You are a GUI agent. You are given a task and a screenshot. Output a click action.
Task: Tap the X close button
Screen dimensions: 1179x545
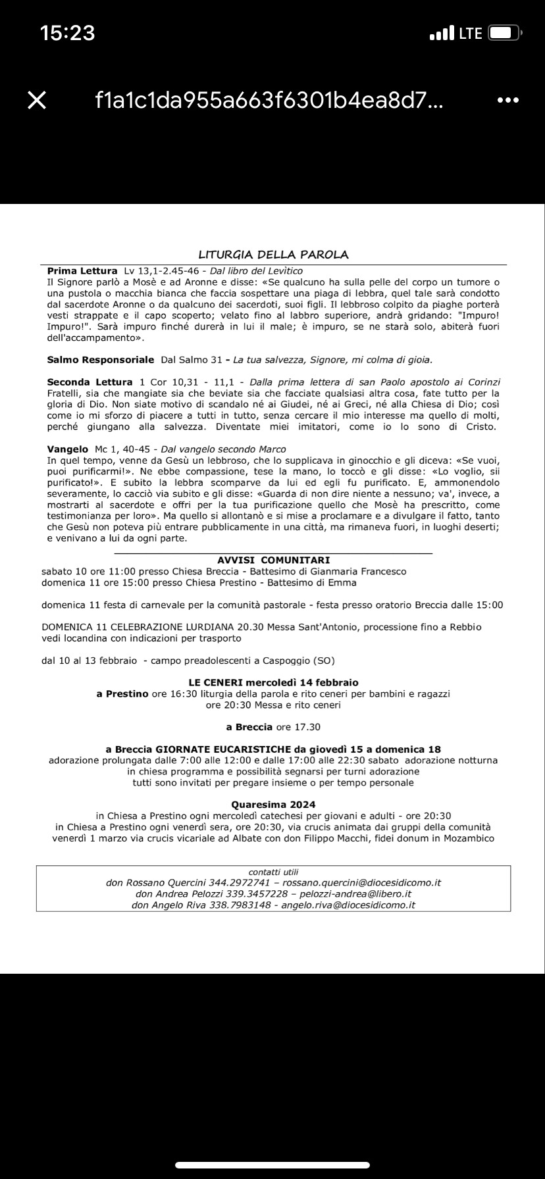37,100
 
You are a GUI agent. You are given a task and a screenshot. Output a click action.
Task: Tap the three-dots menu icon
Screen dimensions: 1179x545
507,100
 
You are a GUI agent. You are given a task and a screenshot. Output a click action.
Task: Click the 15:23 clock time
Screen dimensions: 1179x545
67,33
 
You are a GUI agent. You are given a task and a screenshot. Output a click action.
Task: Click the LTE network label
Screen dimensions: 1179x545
471,33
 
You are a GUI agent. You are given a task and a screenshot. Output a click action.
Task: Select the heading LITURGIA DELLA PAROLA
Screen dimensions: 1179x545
273,255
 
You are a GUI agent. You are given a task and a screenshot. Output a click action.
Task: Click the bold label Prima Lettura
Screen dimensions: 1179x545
82,271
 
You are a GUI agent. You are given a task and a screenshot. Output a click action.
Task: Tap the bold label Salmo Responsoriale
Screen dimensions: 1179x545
101,360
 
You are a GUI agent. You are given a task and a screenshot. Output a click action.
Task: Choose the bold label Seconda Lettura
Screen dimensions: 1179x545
90,382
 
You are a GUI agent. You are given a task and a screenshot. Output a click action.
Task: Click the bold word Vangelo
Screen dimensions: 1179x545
68,449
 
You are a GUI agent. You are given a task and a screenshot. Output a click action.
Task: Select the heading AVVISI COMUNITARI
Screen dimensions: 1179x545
273,560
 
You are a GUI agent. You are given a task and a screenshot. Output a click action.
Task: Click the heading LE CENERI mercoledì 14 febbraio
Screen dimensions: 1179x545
273,682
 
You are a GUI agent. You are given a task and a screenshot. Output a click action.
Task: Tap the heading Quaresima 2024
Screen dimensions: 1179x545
273,804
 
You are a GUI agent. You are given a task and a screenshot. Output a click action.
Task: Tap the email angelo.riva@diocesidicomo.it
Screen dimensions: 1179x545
348,905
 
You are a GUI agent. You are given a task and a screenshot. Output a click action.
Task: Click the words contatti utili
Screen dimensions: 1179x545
273,872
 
